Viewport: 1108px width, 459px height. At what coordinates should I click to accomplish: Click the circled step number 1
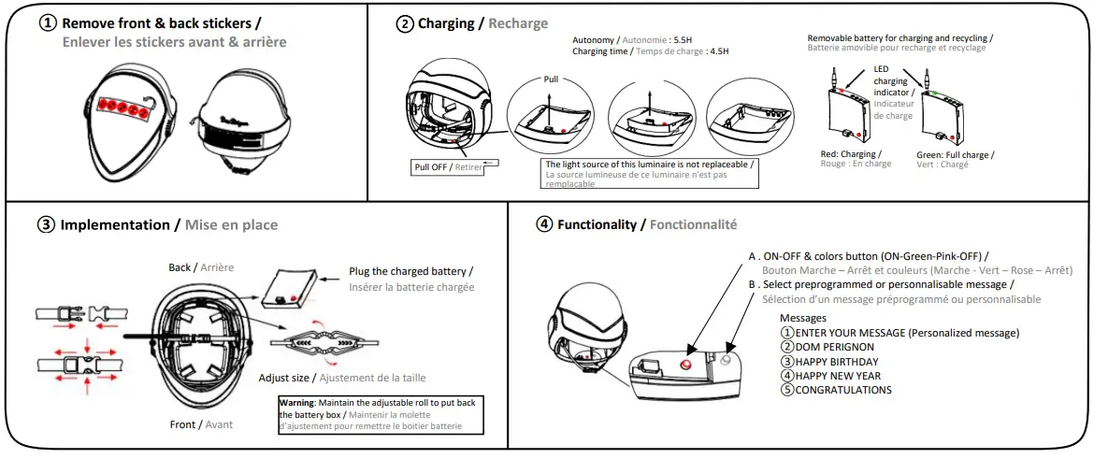click(48, 23)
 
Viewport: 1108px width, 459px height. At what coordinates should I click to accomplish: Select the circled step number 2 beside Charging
click(405, 23)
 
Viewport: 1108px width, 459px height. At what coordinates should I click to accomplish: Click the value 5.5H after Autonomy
click(683, 40)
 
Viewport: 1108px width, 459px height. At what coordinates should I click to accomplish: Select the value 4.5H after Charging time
click(717, 51)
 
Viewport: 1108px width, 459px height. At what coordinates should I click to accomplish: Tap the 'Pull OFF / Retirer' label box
click(450, 166)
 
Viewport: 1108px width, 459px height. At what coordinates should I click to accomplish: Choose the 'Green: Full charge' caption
click(955, 155)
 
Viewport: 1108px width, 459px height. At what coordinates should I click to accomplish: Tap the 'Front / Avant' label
click(201, 424)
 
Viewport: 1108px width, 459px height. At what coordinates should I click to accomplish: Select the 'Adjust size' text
click(286, 378)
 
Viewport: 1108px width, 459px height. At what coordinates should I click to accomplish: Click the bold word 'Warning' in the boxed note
click(298, 402)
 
